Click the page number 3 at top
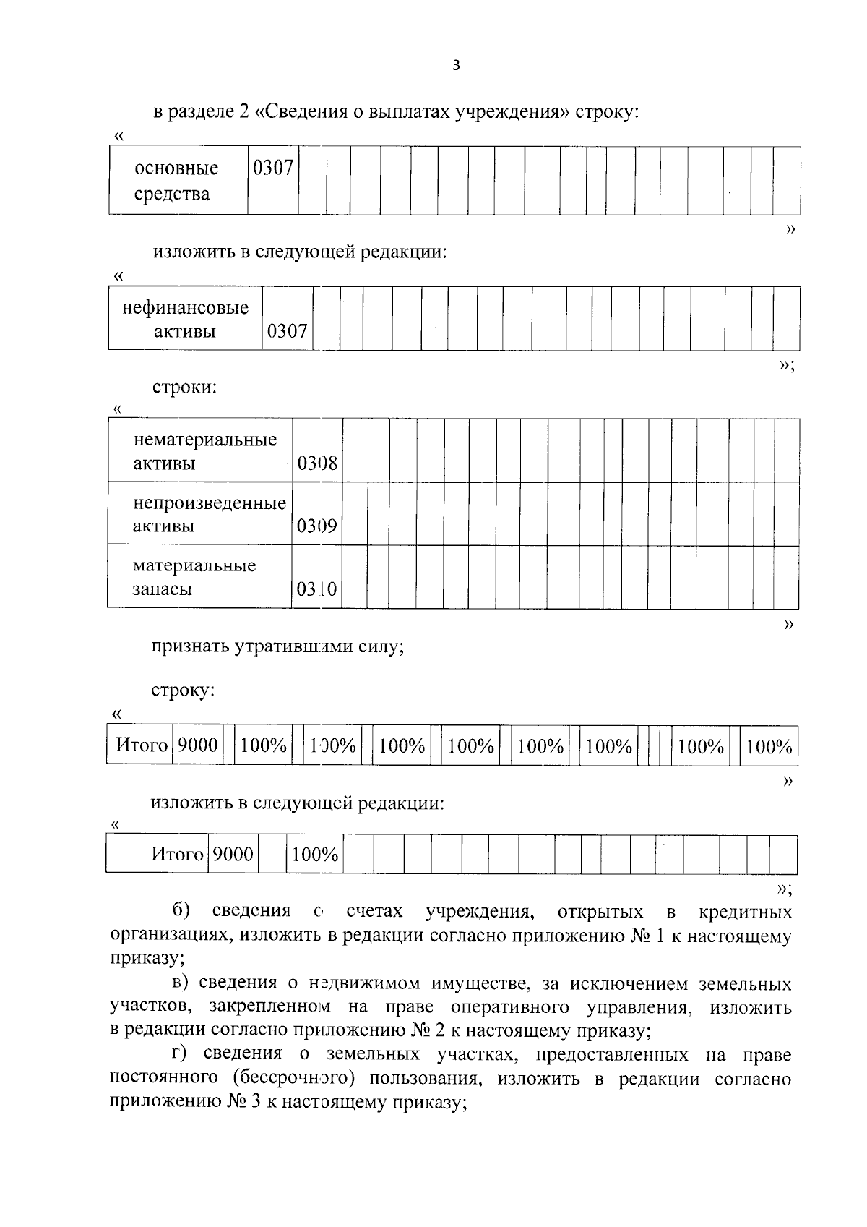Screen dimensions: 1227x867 455,66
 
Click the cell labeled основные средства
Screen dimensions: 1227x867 176,181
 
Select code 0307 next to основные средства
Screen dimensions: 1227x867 273,168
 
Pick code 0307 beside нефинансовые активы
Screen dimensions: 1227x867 287,332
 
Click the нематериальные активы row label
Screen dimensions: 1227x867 204,451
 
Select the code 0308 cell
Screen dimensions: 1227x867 317,463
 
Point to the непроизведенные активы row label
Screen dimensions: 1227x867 209,514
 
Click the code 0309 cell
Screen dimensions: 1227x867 317,526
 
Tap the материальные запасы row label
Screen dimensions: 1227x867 194,577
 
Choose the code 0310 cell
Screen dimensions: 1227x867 317,589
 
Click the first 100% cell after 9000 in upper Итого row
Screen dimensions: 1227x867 264,745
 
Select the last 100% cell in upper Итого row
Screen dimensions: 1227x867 769,746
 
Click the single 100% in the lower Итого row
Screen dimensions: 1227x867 315,855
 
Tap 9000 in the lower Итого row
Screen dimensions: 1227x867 233,855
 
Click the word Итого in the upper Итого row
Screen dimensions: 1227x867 142,745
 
